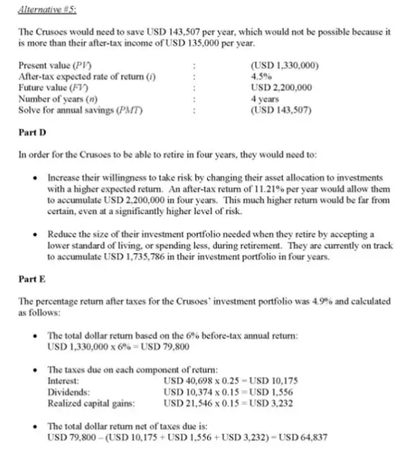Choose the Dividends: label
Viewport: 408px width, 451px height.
(68, 391)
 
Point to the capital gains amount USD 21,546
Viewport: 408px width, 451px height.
(185, 402)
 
